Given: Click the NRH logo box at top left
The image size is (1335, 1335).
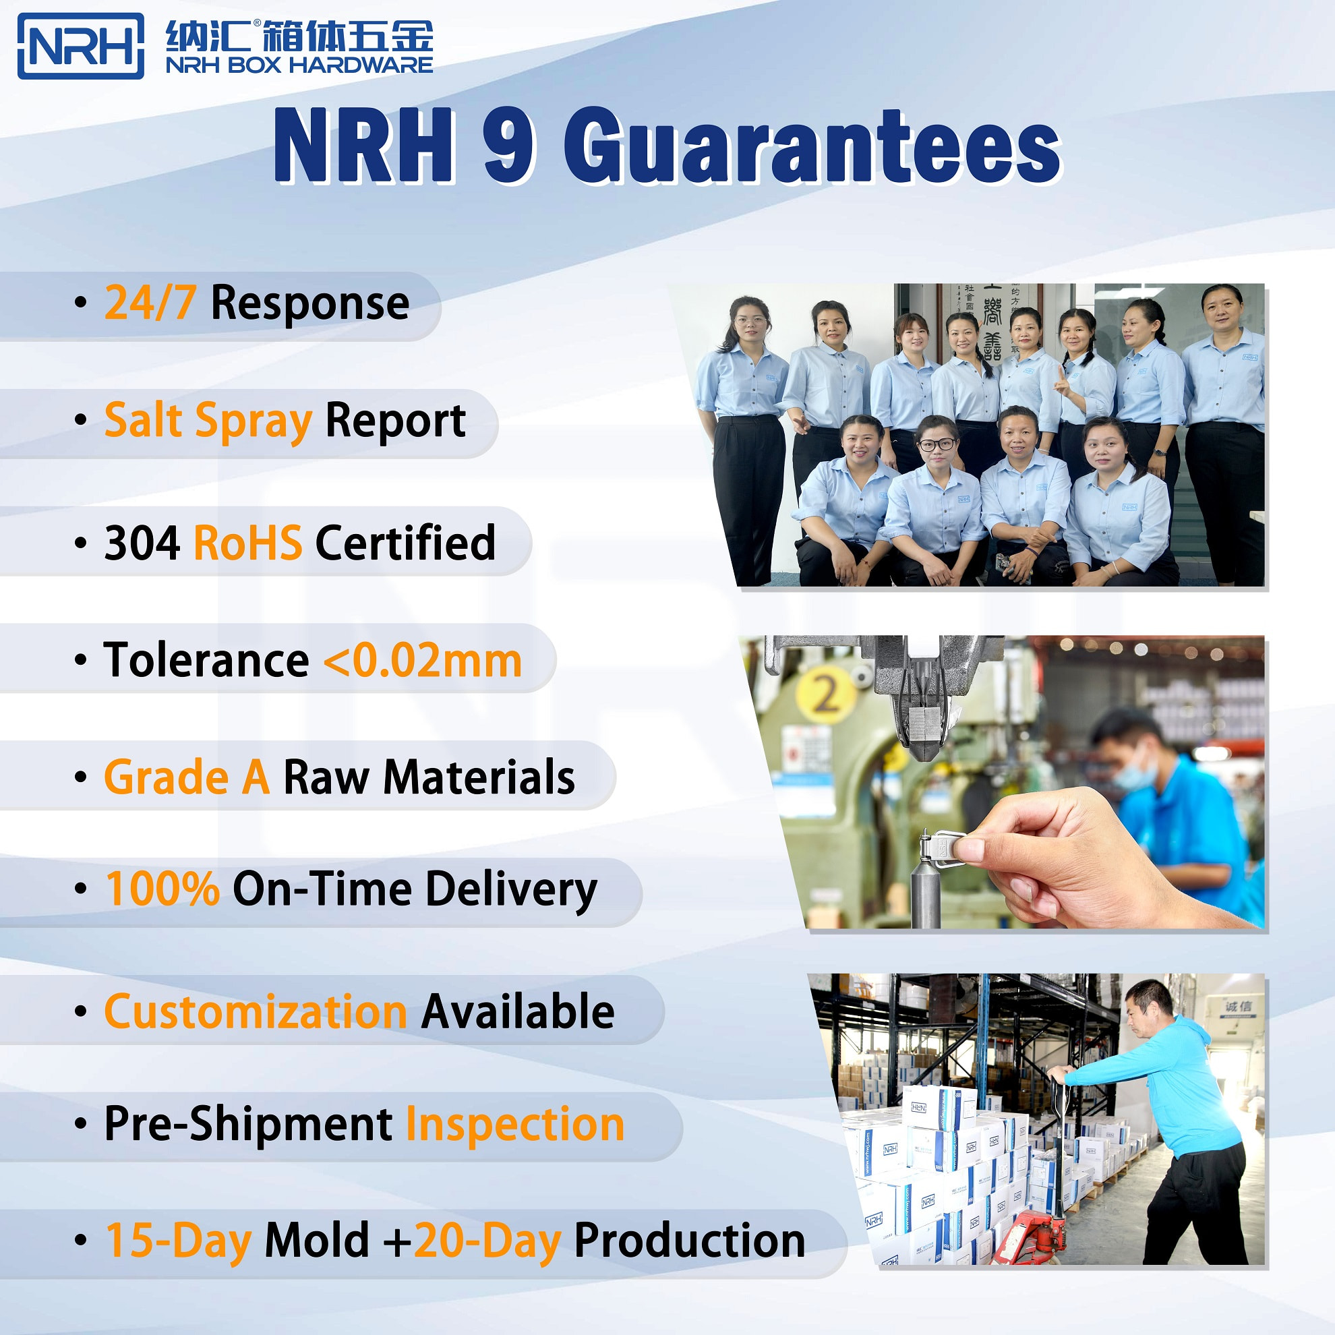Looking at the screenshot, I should (80, 46).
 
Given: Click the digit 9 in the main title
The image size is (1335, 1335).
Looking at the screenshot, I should (508, 146).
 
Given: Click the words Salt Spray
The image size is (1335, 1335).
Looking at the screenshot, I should (208, 421).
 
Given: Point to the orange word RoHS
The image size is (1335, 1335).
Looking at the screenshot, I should (247, 543).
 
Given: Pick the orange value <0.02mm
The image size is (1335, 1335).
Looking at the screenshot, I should (422, 661).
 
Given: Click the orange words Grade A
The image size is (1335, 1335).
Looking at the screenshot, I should (187, 777).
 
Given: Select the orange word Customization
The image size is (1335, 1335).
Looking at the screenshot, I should (256, 1011).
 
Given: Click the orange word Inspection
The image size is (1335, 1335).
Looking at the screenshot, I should (515, 1124).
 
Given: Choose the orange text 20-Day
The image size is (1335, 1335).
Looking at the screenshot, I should (487, 1241).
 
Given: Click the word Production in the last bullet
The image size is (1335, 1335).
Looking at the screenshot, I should (690, 1241).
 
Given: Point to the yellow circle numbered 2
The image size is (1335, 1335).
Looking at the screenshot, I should (826, 693).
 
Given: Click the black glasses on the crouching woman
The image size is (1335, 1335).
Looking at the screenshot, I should (937, 444).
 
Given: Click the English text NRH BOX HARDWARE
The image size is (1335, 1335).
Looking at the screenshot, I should (299, 65).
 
